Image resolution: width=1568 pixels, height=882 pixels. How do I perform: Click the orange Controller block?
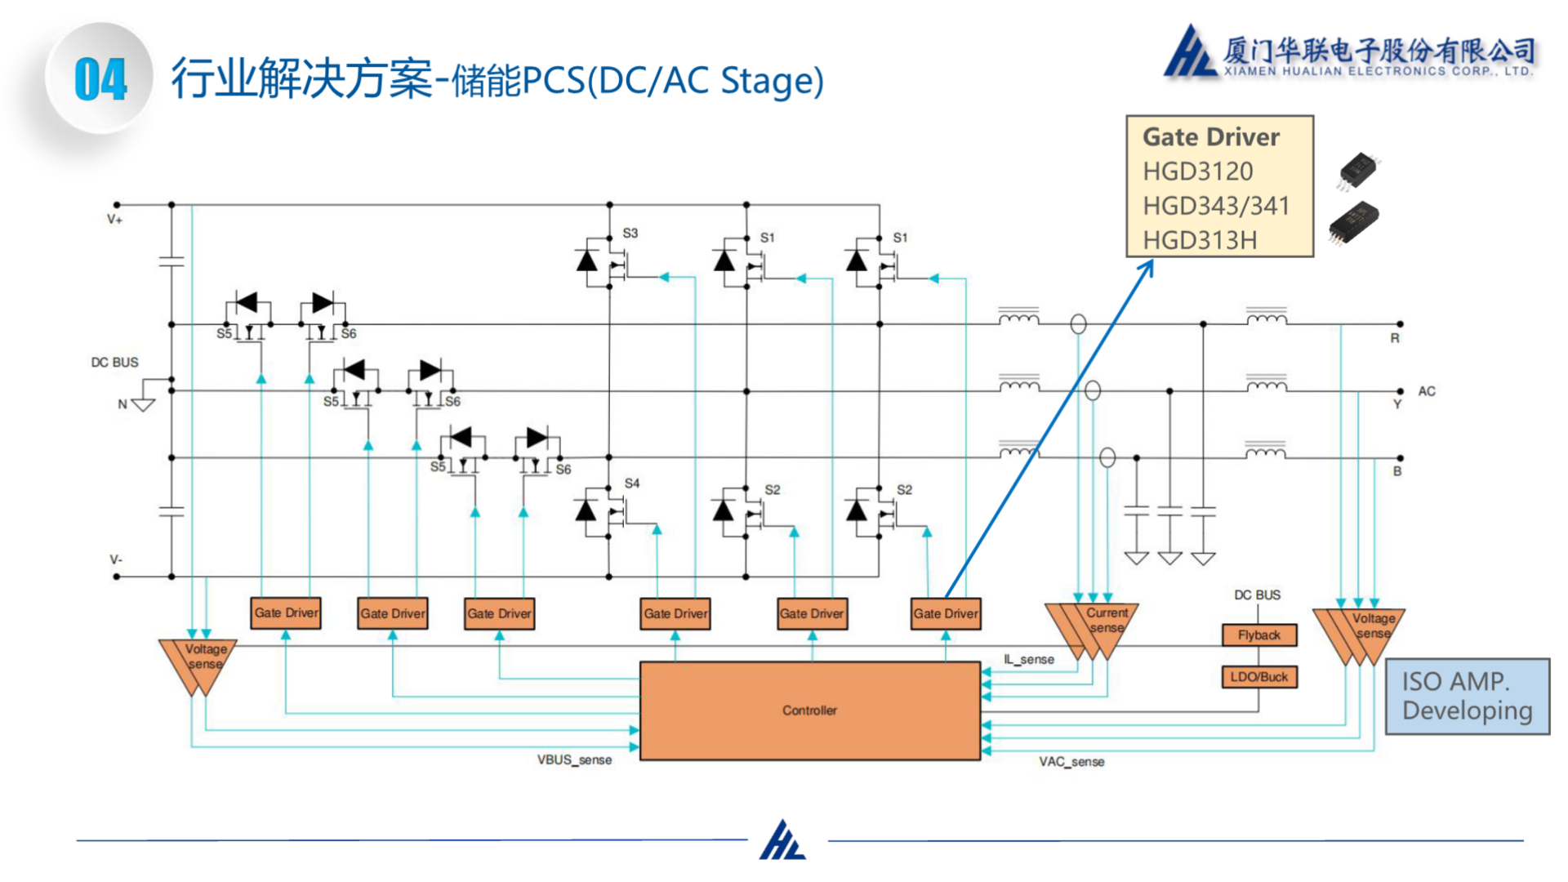tap(809, 710)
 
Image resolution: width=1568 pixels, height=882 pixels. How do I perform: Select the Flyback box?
tap(1258, 635)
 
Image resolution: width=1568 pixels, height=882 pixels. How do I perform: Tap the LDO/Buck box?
tap(1258, 677)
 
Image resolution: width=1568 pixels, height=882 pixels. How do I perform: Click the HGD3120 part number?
tap(1197, 171)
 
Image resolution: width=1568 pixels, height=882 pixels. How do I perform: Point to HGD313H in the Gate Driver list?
tap(1199, 240)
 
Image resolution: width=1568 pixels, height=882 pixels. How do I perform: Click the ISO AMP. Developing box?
tap(1467, 697)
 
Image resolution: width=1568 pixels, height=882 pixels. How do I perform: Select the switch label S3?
tap(630, 234)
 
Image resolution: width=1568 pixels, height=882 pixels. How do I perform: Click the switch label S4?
tap(631, 483)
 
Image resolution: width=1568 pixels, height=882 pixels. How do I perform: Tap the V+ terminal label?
tap(114, 220)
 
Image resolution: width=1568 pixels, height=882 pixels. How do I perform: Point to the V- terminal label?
tap(116, 560)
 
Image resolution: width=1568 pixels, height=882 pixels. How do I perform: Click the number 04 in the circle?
tap(100, 80)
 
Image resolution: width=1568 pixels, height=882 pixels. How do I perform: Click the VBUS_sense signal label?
tap(574, 760)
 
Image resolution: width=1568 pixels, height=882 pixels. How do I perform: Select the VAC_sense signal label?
tap(1071, 762)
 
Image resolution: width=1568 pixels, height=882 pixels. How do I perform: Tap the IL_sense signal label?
tap(1029, 659)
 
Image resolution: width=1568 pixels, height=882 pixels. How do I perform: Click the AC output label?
tap(1426, 391)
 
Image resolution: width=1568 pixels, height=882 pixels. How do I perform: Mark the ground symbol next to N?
tap(144, 403)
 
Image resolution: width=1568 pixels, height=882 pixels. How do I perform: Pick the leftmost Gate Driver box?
tap(286, 613)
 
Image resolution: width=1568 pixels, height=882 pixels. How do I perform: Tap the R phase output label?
tap(1395, 338)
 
